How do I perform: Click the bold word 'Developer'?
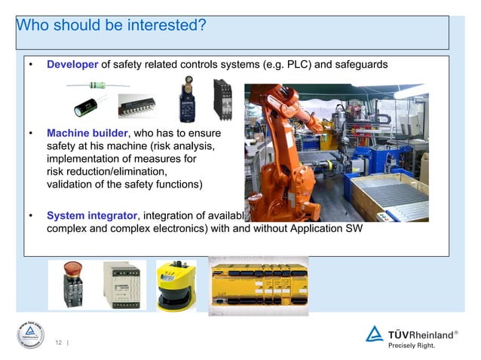tap(72, 65)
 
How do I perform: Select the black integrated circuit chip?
tap(136, 107)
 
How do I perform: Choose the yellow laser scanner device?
tap(176, 286)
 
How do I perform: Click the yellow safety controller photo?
tap(259, 286)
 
